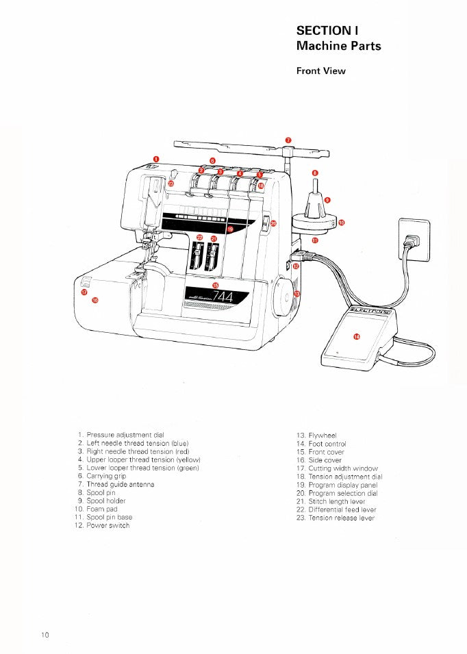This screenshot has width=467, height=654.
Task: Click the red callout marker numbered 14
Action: (356, 336)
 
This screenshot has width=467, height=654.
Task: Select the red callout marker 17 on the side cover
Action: (84, 292)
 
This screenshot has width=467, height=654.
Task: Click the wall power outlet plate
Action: (414, 239)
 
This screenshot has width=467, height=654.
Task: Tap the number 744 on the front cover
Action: (223, 297)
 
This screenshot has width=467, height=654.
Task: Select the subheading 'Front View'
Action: (320, 71)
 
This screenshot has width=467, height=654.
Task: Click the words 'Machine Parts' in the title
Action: (338, 46)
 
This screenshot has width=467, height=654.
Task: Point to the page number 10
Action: (45, 635)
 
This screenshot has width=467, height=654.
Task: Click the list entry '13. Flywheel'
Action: (316, 435)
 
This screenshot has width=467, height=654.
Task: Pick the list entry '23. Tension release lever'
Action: (336, 518)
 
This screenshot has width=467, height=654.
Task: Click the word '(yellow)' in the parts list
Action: (185, 460)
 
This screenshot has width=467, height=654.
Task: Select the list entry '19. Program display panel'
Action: (337, 485)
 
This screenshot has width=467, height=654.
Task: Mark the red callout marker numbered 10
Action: (342, 223)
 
